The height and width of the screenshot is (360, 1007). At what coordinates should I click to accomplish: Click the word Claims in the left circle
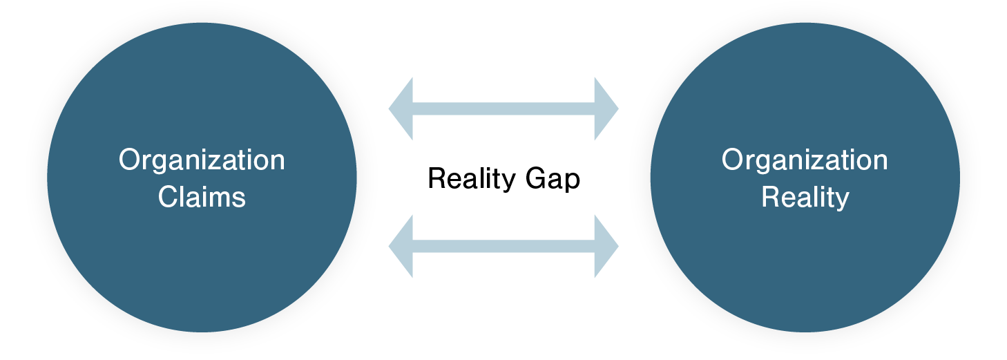click(x=202, y=198)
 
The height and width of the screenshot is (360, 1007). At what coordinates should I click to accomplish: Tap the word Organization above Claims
click(x=202, y=160)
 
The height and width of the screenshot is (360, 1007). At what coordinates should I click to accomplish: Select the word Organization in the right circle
click(x=805, y=160)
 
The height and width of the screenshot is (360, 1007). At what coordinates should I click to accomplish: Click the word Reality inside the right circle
click(x=805, y=198)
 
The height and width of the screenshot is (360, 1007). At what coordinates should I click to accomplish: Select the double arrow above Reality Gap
click(x=503, y=109)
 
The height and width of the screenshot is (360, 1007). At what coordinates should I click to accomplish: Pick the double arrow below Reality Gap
click(x=503, y=247)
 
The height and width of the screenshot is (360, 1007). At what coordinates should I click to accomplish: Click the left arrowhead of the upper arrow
click(x=401, y=109)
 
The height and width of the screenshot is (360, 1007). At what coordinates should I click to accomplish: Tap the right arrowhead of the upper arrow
click(x=606, y=109)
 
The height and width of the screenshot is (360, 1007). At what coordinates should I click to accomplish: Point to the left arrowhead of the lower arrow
click(x=401, y=247)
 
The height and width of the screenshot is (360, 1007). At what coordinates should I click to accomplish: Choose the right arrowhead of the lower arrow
click(x=606, y=247)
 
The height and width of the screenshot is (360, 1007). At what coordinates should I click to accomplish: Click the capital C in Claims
click(x=168, y=198)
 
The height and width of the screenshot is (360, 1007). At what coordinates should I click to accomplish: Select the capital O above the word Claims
click(x=130, y=160)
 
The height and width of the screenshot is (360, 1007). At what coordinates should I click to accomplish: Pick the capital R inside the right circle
click(x=770, y=198)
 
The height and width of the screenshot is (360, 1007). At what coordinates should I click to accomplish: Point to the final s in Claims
click(x=239, y=198)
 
